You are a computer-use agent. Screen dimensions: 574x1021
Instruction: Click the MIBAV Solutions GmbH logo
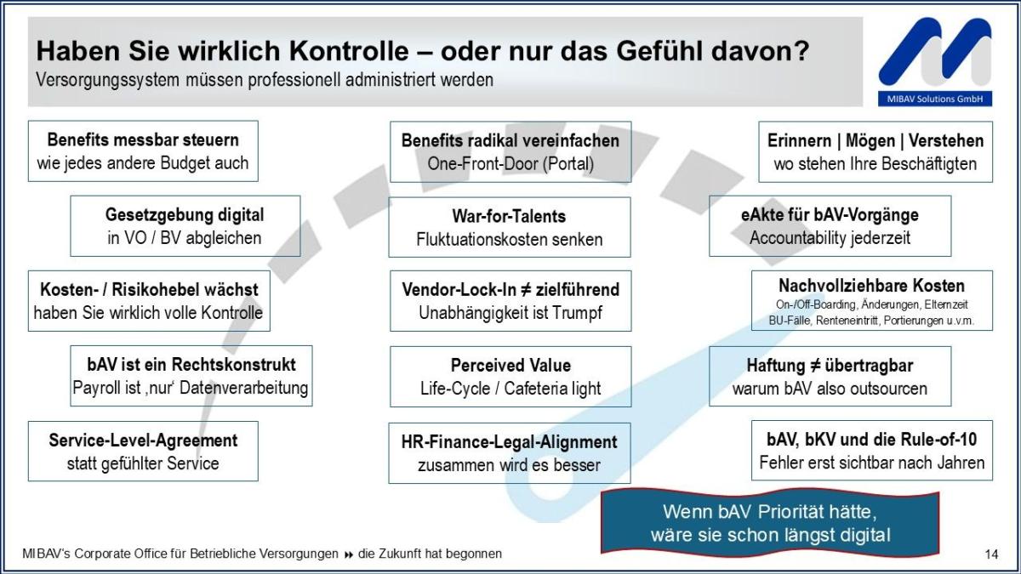click(x=934, y=61)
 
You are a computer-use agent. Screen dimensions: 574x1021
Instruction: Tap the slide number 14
click(x=991, y=554)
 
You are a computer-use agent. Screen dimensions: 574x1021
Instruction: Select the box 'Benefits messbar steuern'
click(x=143, y=151)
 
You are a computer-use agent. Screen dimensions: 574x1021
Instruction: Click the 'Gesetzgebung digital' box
click(x=185, y=226)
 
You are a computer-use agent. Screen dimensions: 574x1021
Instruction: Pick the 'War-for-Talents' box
click(x=509, y=227)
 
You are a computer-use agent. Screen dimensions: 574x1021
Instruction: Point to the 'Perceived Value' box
click(x=510, y=377)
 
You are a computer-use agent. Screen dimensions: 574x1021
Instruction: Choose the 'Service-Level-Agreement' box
click(x=143, y=452)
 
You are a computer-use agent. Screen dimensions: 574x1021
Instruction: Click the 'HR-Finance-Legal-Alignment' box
click(x=509, y=453)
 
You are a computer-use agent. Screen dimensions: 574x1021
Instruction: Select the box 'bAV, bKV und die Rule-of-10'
click(x=871, y=451)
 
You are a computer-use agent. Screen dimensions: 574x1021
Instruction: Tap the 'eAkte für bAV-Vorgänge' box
click(x=830, y=226)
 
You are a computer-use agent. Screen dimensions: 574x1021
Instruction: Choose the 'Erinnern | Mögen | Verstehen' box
click(x=875, y=151)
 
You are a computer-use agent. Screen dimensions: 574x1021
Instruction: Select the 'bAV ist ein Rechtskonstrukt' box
click(x=191, y=376)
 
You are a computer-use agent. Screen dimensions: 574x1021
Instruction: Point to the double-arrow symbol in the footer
click(x=348, y=554)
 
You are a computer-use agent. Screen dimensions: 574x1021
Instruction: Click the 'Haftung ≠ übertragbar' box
click(x=830, y=377)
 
